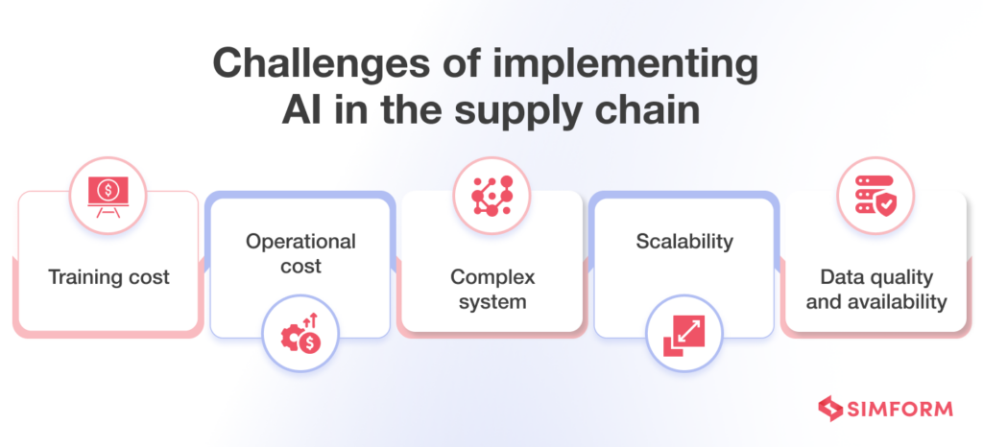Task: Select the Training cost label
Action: pos(108,277)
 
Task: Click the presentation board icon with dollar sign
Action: pos(108,194)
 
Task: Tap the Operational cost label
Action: pos(300,253)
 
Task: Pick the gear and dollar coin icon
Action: pos(300,333)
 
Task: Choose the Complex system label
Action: pos(492,289)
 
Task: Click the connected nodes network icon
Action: pos(492,195)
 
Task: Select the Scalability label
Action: pos(684,241)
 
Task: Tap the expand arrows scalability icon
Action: pos(684,333)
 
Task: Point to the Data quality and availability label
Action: pos(875,289)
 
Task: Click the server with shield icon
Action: pos(875,195)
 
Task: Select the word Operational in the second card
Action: pos(300,241)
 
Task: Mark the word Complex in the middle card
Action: pos(492,277)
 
